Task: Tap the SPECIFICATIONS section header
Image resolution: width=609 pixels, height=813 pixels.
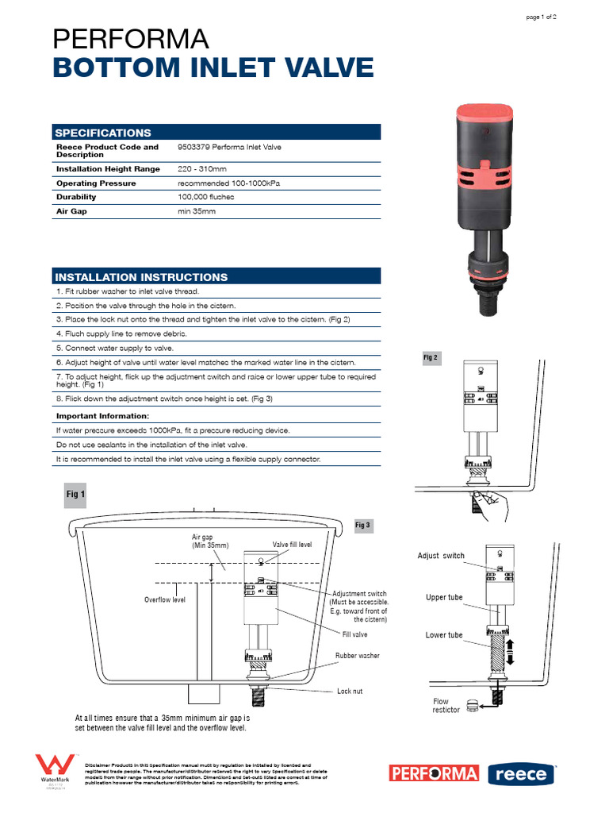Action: pyautogui.click(x=102, y=133)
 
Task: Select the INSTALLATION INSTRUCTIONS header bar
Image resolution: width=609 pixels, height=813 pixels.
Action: pyautogui.click(x=140, y=277)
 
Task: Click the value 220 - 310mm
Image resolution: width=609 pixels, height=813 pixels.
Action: pyautogui.click(x=202, y=169)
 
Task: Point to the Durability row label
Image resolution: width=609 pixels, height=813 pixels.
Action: pyautogui.click(x=76, y=197)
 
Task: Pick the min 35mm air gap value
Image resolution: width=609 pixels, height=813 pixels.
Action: pyautogui.click(x=197, y=211)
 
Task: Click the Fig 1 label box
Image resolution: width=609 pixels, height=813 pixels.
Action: pyautogui.click(x=75, y=494)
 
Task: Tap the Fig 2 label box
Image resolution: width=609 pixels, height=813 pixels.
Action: pyautogui.click(x=431, y=358)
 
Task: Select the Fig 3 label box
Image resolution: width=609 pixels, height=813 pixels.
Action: pyautogui.click(x=362, y=526)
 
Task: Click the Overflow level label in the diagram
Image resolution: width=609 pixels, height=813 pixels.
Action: pyautogui.click(x=164, y=599)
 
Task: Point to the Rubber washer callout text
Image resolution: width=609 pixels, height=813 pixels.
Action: pyautogui.click(x=357, y=656)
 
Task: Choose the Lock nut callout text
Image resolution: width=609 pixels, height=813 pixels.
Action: pyautogui.click(x=350, y=692)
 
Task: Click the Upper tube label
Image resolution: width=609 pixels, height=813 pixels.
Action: pyautogui.click(x=444, y=597)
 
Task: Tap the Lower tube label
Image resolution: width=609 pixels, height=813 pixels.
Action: pyautogui.click(x=444, y=635)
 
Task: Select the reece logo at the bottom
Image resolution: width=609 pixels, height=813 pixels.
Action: pyautogui.click(x=520, y=774)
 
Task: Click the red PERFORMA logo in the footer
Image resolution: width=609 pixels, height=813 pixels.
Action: pyautogui.click(x=434, y=773)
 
